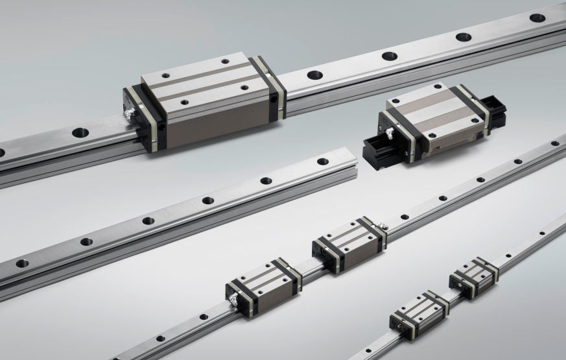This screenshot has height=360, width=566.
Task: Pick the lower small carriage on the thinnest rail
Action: (419, 311)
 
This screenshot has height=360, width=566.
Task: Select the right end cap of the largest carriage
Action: (272, 88)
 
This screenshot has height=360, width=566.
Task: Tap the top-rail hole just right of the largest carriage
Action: (314, 75)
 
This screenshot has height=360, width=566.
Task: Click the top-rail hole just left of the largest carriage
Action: (80, 132)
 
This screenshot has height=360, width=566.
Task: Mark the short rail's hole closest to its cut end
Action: (322, 161)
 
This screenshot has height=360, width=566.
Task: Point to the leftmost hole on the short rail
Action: (22, 263)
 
